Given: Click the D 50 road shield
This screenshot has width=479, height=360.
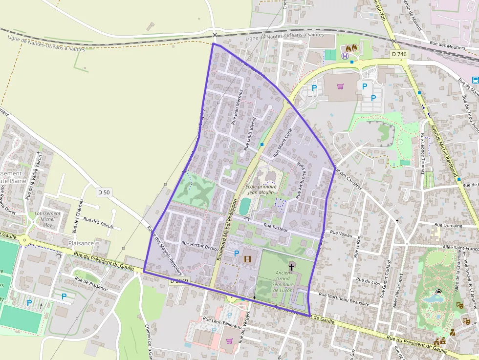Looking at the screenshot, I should tap(103, 192).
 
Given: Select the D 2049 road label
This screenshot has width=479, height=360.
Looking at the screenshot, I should tap(179, 281).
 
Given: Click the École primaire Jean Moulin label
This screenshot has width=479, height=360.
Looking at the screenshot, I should tap(261, 190).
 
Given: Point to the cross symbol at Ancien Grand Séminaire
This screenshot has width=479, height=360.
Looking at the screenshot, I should tap(291, 267).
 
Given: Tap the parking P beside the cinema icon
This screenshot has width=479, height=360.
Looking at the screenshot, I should tap(237, 254).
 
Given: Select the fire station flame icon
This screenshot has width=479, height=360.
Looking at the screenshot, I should tap(351, 48).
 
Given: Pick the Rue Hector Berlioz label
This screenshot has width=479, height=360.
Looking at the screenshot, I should tap(200, 246).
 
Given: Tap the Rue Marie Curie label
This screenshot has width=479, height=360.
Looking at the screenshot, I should tap(282, 143).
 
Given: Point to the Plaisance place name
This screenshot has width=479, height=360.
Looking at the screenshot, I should tap(81, 243).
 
